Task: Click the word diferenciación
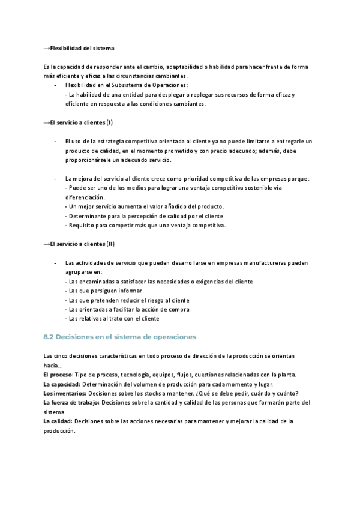pos(85,197)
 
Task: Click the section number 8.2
pos(50,337)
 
